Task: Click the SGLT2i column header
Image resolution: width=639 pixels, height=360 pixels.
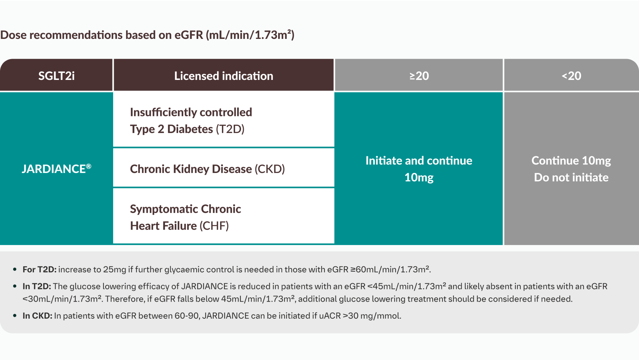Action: point(57,76)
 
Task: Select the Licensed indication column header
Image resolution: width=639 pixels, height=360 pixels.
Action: point(223,76)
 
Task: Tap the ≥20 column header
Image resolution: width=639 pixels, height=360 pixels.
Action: point(419,76)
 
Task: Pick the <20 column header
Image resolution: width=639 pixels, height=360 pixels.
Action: point(571,76)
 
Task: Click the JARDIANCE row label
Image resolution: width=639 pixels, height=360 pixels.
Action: point(54,169)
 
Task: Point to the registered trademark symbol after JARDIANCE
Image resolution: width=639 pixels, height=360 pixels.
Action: point(89,166)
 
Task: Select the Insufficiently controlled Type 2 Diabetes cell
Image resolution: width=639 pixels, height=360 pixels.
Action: point(191,120)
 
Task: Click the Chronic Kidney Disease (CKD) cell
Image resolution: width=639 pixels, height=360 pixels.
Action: point(207,169)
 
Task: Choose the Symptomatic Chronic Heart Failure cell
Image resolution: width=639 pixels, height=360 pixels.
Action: point(185,217)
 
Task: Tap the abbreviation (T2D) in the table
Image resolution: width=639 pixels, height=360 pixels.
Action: point(230,129)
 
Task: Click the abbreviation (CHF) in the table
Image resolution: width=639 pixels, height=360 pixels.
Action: point(214,226)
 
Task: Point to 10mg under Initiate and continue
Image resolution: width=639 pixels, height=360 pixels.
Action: point(419,177)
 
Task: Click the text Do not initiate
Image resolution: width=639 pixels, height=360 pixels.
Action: point(571,177)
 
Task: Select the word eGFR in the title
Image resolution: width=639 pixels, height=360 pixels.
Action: point(189,35)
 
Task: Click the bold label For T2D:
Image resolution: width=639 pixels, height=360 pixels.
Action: point(39,269)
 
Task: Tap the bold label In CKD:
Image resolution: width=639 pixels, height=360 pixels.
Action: point(37,316)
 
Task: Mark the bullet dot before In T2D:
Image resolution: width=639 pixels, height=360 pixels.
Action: point(14,286)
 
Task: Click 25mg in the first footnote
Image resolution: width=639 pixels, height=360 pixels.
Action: point(115,269)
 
